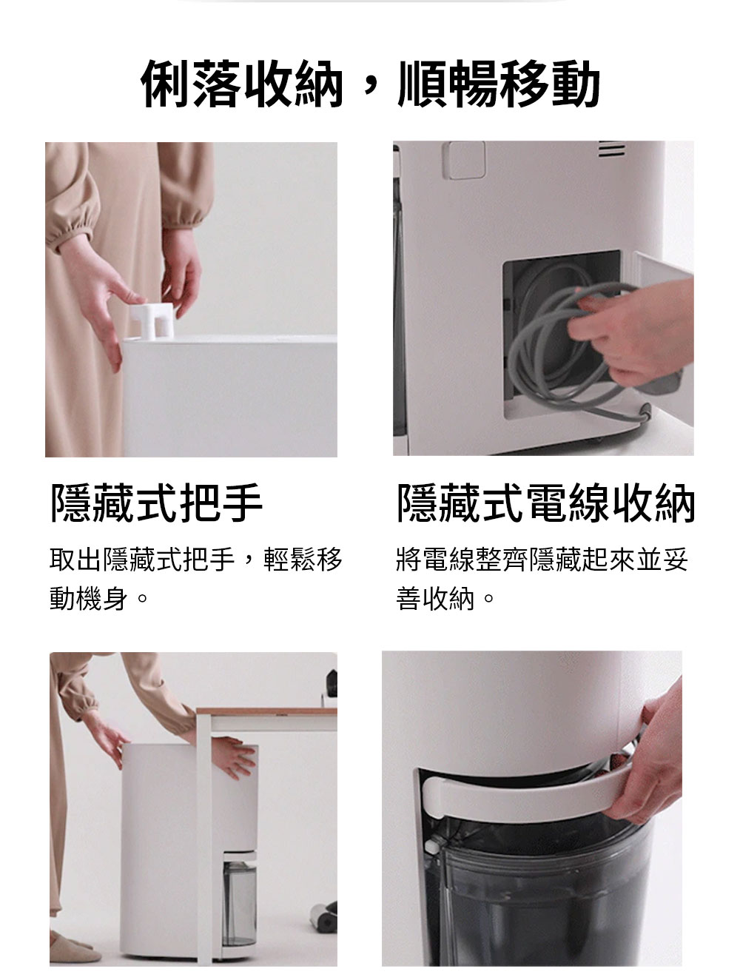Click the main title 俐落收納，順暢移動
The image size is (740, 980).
pyautogui.click(x=370, y=84)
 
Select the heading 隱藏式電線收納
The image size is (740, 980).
pyautogui.click(x=546, y=503)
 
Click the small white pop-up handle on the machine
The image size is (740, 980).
pyautogui.click(x=152, y=320)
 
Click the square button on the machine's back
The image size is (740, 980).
pyautogui.click(x=464, y=160)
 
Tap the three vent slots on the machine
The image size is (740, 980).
pyautogui.click(x=611, y=149)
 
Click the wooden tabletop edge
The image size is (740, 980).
pyautogui.click(x=266, y=711)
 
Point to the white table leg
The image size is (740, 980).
pyautogui.click(x=204, y=839)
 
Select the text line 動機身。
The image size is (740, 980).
pyautogui.click(x=98, y=598)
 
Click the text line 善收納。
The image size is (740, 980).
pyautogui.click(x=445, y=598)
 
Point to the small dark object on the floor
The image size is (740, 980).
pyautogui.click(x=324, y=918)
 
